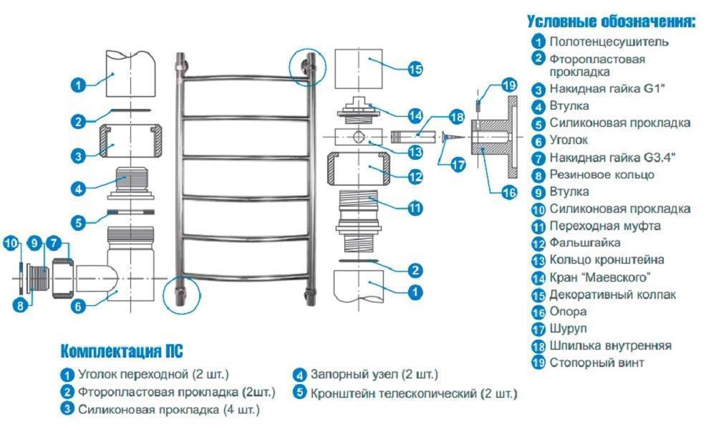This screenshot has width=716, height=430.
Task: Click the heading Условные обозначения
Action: pos(611,21)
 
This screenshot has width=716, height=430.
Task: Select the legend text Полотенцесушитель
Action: pos(609,42)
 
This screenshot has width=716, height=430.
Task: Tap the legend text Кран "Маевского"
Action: pos(601,277)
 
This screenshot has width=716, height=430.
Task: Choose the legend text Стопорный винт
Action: pos(597,363)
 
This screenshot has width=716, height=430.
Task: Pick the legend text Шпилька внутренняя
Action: pos(611,345)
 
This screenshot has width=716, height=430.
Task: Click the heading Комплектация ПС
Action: pos(121,351)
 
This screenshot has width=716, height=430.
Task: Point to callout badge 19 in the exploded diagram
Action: pos(508,85)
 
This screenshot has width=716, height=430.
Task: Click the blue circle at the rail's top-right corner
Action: pos(307,67)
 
